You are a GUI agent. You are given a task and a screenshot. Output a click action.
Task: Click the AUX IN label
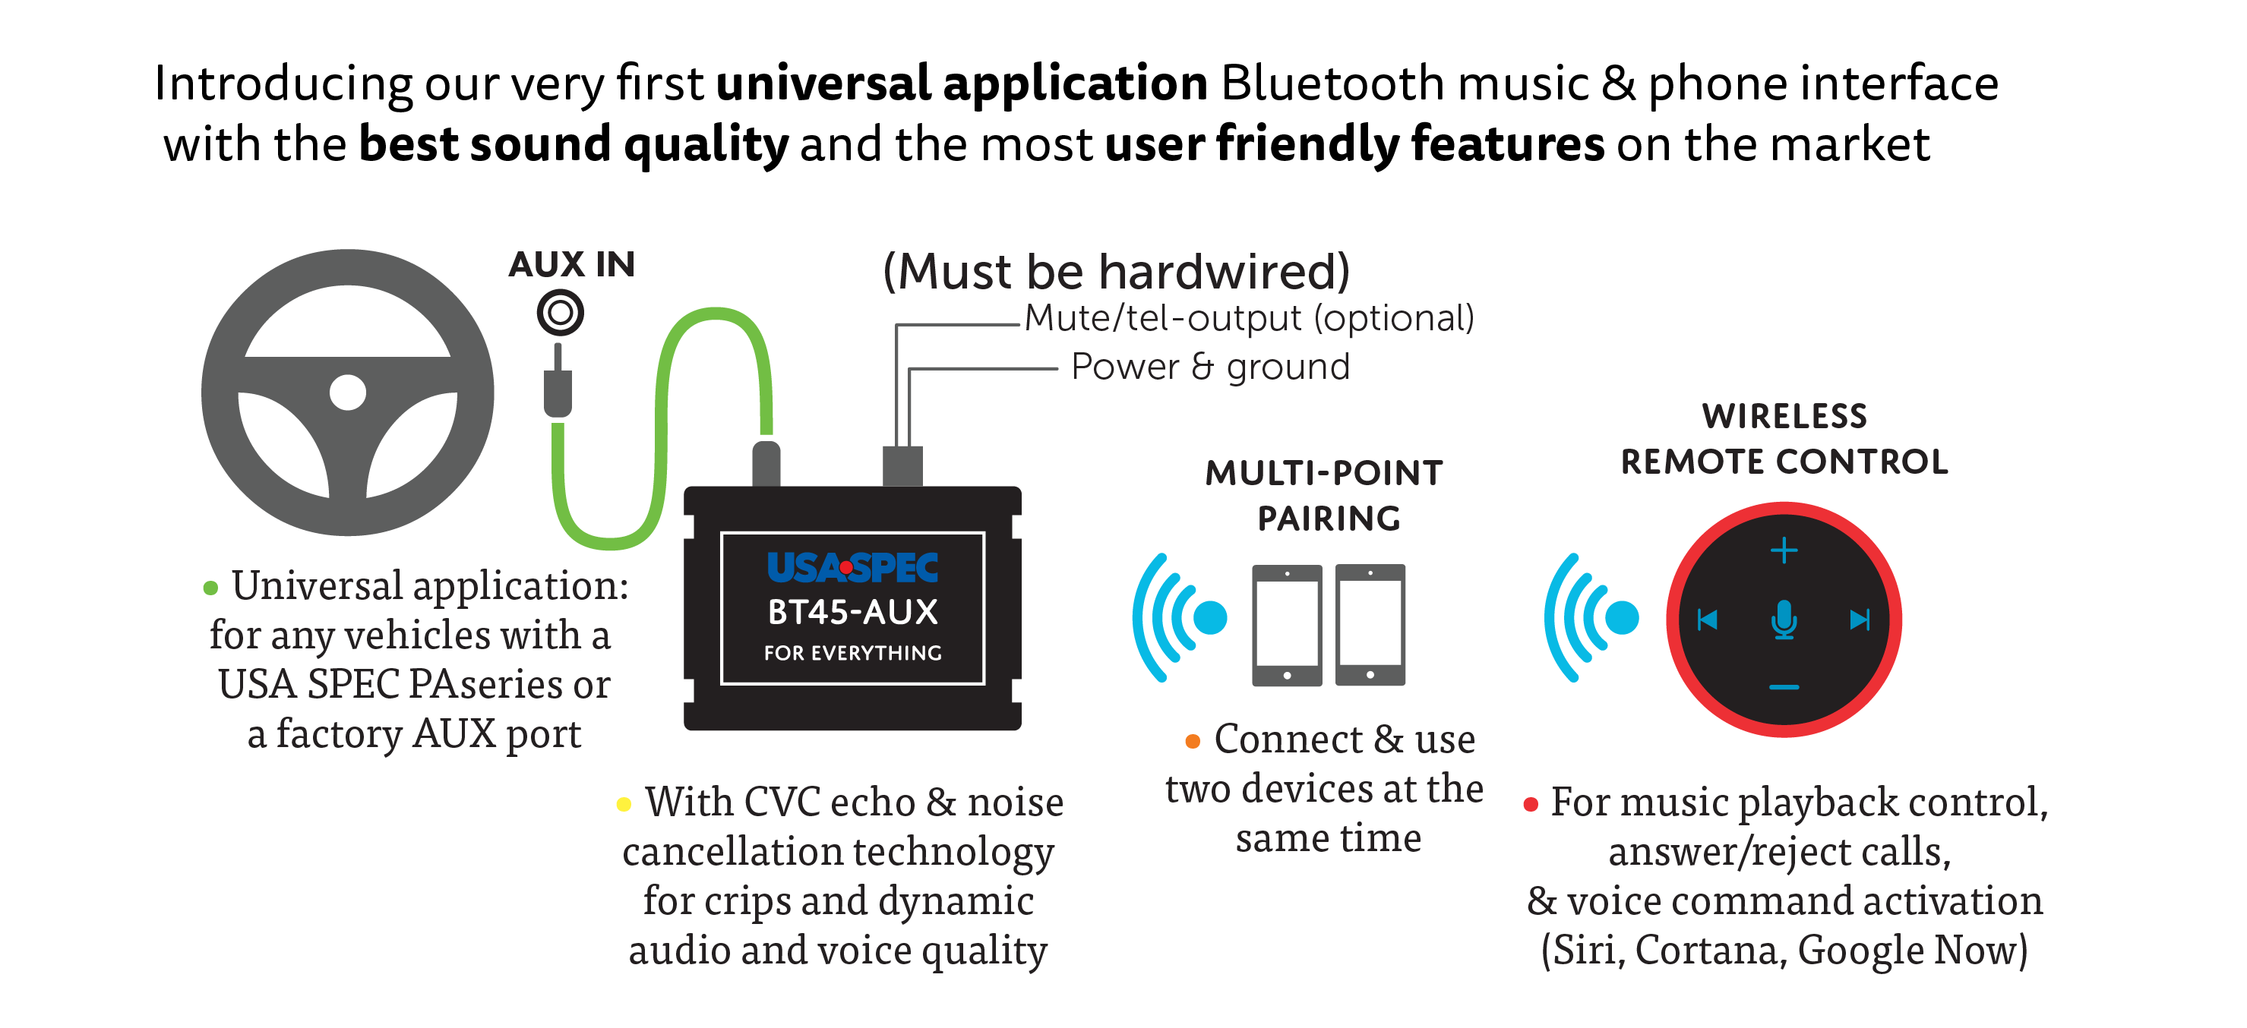pyautogui.click(x=572, y=264)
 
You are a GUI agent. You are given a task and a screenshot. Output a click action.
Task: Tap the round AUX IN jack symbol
pyautogui.click(x=560, y=312)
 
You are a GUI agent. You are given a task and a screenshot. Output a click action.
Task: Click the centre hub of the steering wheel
pyautogui.click(x=348, y=393)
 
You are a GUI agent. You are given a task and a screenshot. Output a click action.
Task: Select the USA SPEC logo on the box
pyautogui.click(x=852, y=568)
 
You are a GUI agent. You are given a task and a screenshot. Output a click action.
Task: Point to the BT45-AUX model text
pyautogui.click(x=852, y=612)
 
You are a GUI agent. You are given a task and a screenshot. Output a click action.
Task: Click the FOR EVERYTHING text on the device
pyautogui.click(x=852, y=653)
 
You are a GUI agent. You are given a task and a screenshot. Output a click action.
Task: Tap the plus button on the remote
pyautogui.click(x=1784, y=550)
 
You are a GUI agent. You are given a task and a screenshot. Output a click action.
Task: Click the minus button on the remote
pyautogui.click(x=1784, y=687)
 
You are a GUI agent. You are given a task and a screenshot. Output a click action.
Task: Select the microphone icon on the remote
pyautogui.click(x=1784, y=619)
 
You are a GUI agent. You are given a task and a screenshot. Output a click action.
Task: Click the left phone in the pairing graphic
pyautogui.click(x=1287, y=625)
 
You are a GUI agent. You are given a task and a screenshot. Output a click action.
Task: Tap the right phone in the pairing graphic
pyautogui.click(x=1370, y=624)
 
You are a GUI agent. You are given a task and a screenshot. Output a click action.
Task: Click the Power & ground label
pyautogui.click(x=1210, y=366)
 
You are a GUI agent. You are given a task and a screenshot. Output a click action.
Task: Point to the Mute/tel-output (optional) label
pyautogui.click(x=1249, y=318)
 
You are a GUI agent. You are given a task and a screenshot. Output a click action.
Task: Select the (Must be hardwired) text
pyautogui.click(x=1117, y=271)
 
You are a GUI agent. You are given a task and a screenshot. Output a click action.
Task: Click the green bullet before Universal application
pyautogui.click(x=210, y=588)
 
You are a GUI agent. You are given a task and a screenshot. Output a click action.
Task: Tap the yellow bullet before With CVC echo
pyautogui.click(x=624, y=804)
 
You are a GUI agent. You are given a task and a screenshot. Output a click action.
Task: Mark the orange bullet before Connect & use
pyautogui.click(x=1193, y=741)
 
